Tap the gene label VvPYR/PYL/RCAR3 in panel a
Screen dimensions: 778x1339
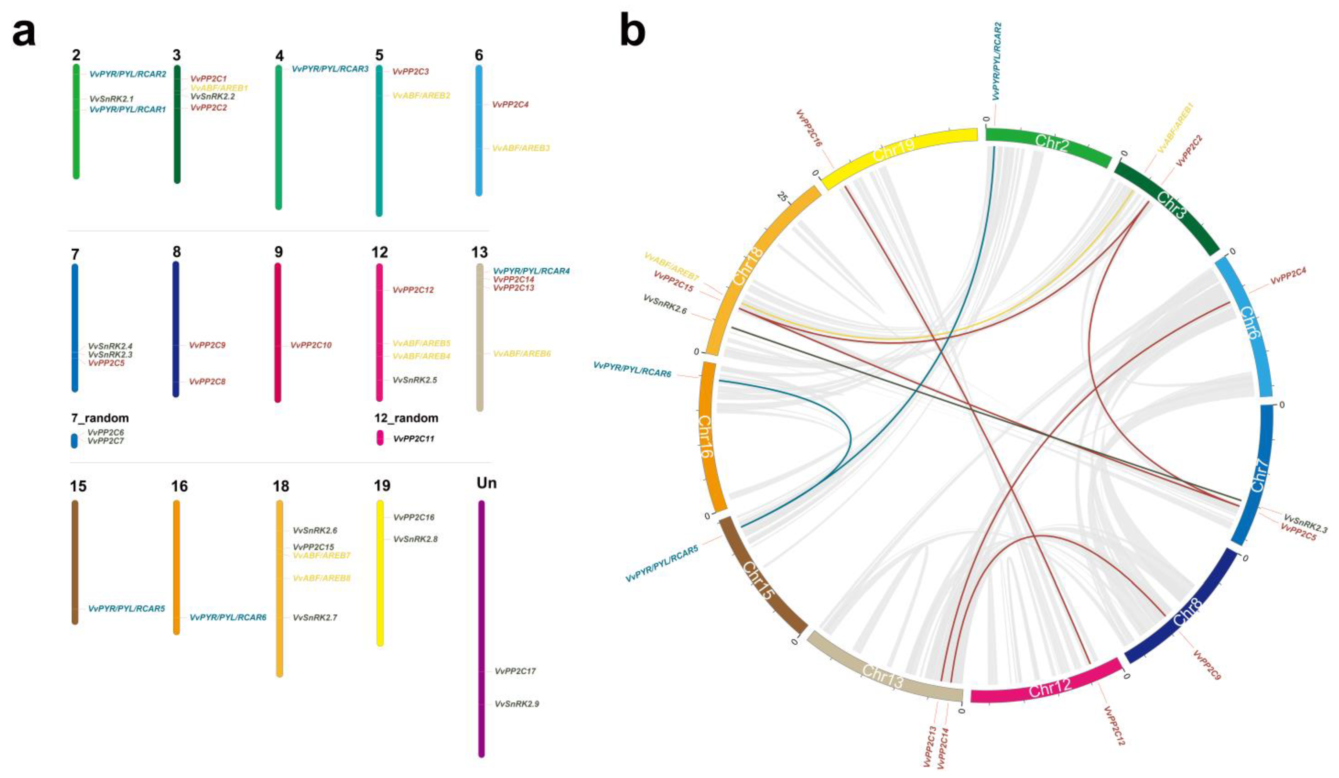[x=330, y=69]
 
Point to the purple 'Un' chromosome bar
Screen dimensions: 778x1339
[x=482, y=627]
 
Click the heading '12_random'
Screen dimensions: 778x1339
[x=406, y=418]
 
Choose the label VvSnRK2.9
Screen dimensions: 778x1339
[x=517, y=704]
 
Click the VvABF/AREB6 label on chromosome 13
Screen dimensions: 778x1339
[x=522, y=353]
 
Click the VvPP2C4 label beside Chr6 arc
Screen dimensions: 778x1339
[x=1288, y=276]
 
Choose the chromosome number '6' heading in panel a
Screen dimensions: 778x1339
[x=479, y=55]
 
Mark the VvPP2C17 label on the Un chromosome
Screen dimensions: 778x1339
[x=515, y=671]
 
